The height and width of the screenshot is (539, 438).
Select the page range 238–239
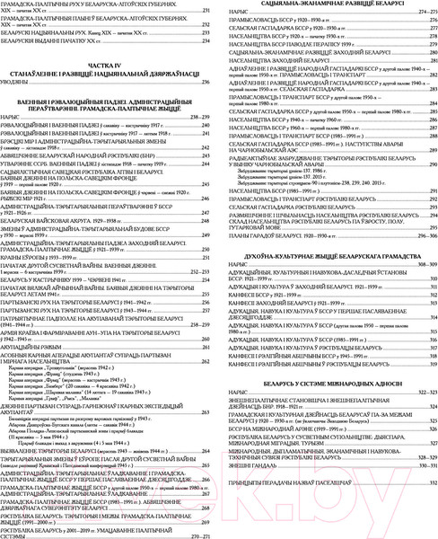pyautogui.click(x=201, y=118)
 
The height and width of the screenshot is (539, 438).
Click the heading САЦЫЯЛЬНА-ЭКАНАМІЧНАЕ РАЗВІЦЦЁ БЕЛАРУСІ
pyautogui.click(x=327, y=4)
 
